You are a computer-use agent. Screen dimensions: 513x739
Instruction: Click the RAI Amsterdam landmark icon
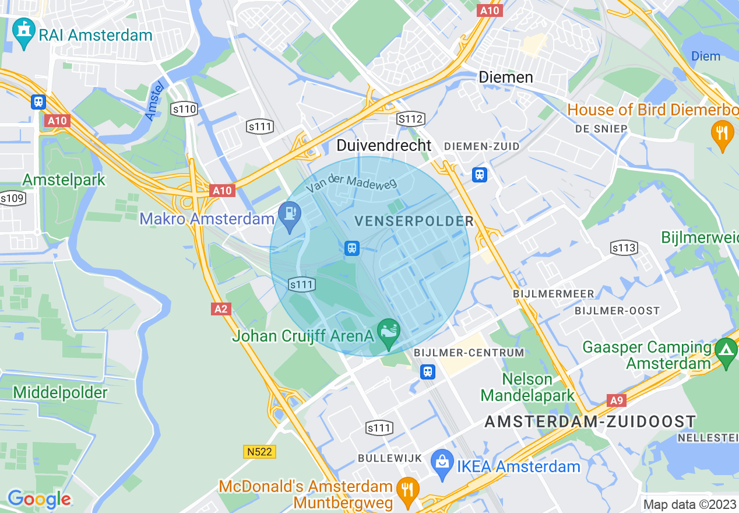24,33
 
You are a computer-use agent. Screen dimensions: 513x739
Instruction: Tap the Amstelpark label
64,180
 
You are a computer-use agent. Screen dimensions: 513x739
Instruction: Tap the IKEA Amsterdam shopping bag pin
442,464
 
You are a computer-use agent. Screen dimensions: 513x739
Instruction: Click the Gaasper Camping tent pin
726,352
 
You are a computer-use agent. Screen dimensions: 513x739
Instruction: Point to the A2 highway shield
221,308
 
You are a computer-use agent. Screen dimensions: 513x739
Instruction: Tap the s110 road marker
184,108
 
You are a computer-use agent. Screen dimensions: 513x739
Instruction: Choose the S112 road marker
410,119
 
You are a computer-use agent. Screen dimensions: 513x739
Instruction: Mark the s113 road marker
624,248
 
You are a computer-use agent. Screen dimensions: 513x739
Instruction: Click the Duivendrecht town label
384,145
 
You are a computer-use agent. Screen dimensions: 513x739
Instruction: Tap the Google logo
40,499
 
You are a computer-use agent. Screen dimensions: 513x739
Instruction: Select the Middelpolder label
60,392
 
